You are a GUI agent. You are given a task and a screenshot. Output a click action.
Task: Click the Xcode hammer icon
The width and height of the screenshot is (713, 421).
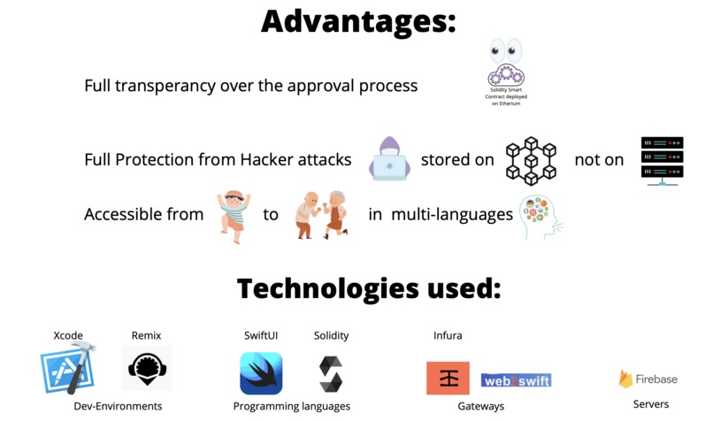click(x=66, y=370)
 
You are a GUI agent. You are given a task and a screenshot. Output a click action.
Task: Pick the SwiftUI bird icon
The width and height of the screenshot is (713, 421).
click(x=261, y=372)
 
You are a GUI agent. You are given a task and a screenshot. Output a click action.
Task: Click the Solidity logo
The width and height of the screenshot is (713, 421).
click(x=331, y=373)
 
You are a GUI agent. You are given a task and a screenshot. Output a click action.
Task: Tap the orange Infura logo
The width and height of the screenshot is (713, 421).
click(x=448, y=378)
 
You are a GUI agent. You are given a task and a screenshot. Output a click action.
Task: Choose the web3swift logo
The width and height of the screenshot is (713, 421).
click(x=516, y=380)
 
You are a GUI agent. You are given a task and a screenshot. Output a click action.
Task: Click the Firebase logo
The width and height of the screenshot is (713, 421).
click(x=648, y=379)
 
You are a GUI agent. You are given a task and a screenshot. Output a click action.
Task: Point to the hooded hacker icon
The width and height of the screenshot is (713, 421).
click(x=388, y=158)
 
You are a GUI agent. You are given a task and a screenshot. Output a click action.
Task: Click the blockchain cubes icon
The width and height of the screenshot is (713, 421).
click(x=531, y=160)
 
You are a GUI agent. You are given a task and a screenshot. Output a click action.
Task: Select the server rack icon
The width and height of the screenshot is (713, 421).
click(x=662, y=160)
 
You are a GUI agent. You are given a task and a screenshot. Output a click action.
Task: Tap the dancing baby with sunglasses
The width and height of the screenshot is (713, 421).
click(x=234, y=215)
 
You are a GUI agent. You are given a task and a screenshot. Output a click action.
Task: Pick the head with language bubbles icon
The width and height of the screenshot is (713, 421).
click(x=540, y=217)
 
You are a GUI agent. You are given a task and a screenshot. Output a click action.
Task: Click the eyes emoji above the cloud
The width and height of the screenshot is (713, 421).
click(x=506, y=51)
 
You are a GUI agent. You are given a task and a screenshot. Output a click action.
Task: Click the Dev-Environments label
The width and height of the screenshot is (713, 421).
click(x=118, y=406)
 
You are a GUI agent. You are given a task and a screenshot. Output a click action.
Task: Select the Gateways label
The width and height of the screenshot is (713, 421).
click(x=480, y=406)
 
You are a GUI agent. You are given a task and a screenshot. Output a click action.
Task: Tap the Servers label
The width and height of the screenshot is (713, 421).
click(x=650, y=404)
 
